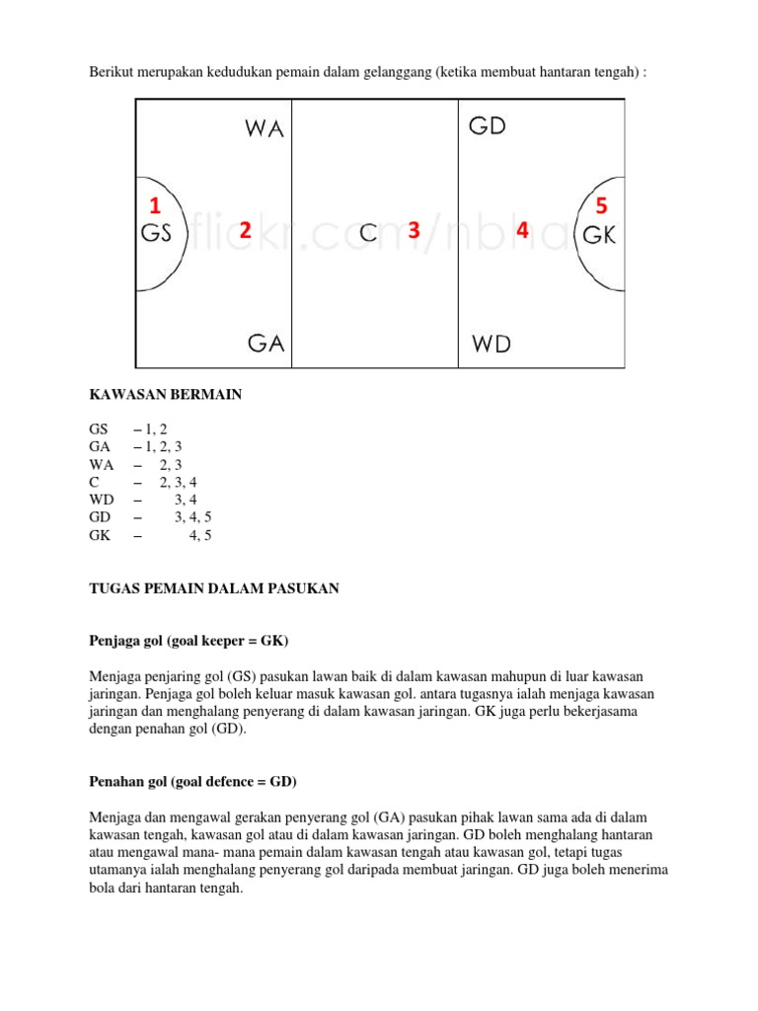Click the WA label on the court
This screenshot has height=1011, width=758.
[x=263, y=129]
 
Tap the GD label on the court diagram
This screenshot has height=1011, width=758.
[x=488, y=126]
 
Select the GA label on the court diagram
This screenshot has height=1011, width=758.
[x=265, y=343]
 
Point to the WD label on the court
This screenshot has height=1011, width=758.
[x=491, y=344]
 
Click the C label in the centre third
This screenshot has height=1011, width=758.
[x=368, y=233]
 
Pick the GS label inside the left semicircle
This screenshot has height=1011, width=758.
[x=157, y=234]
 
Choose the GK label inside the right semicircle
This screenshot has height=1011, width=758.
[x=599, y=235]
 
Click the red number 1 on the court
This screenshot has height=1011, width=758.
[x=154, y=206]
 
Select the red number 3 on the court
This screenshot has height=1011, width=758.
[x=414, y=230]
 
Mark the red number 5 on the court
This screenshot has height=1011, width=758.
[x=602, y=206]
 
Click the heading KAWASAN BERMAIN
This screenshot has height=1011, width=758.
[x=166, y=395]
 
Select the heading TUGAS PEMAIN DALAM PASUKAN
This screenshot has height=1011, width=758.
[x=214, y=588]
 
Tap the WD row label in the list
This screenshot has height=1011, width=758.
[x=102, y=501]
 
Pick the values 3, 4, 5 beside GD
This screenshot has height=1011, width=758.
[x=193, y=517]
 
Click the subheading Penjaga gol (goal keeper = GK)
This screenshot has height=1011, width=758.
[x=189, y=642]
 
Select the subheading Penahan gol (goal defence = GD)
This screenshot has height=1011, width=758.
[x=192, y=782]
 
